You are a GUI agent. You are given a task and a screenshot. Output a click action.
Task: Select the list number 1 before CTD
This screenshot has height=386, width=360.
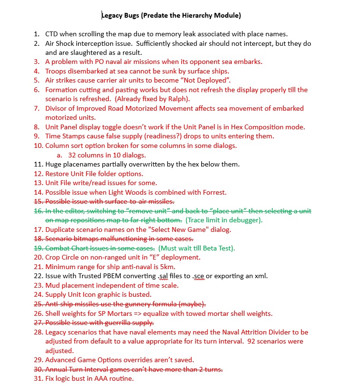pos(36,34)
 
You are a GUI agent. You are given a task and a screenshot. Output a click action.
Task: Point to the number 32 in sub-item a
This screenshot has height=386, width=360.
pos(73,155)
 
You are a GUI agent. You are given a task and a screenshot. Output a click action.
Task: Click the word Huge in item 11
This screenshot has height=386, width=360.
pos(54,165)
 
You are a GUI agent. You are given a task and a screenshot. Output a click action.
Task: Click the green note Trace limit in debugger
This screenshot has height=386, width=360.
pos(224,220)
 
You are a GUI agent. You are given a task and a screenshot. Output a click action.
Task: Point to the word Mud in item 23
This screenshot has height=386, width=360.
pos(52,285)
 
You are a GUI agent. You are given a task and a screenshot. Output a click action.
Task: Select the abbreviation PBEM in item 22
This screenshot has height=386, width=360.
pos(109,276)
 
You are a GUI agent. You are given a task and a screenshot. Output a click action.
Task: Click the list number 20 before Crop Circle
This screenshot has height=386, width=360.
pos(38,257)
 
